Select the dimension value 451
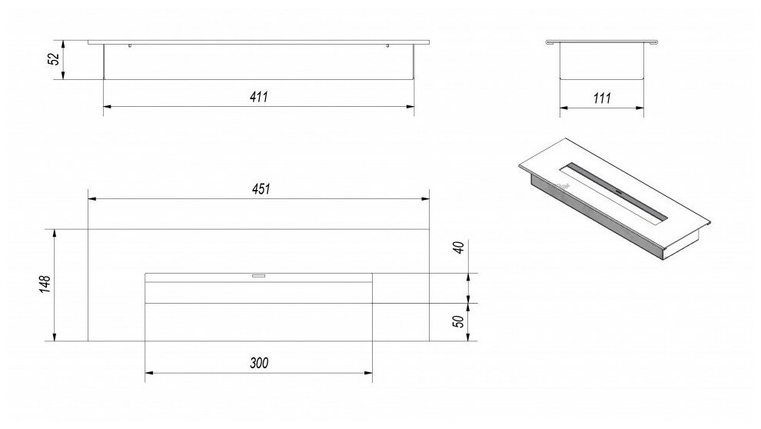coord(260,189)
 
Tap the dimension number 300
coord(259,364)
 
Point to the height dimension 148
coord(45,284)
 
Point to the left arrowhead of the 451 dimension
coord(92,199)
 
